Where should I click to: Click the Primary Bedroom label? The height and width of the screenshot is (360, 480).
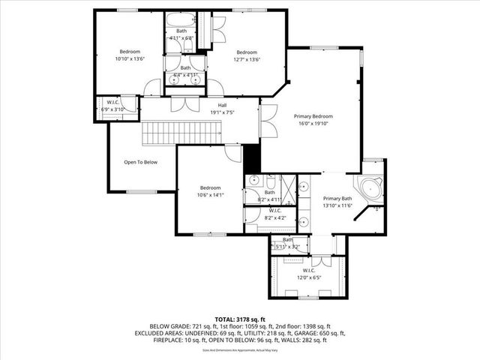point(313,116)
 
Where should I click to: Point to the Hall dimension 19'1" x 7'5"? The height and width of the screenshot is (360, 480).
point(222,112)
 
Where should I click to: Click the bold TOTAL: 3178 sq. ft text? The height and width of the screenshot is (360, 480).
point(239,318)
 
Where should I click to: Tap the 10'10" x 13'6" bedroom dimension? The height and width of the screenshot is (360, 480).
point(130,59)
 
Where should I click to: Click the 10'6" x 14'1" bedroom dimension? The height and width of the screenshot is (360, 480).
point(210,194)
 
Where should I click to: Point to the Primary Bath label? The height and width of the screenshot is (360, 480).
point(337,199)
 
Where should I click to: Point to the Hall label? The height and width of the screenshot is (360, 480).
point(222,105)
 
